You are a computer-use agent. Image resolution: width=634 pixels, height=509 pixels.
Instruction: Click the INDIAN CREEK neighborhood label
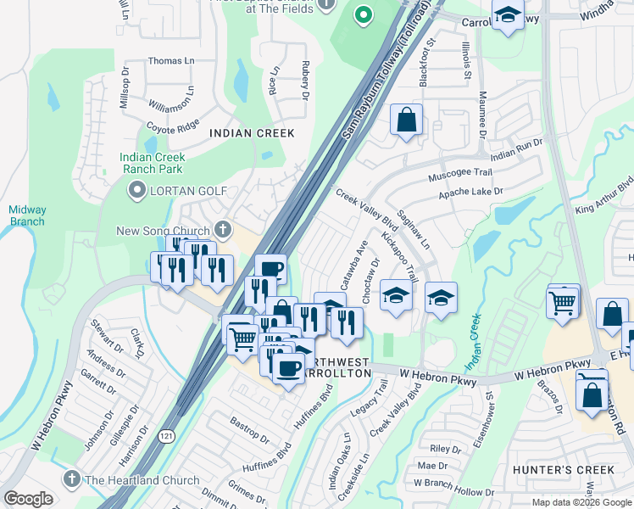pos(252,133)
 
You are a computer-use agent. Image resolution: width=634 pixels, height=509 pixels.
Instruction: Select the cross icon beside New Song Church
pos(223,228)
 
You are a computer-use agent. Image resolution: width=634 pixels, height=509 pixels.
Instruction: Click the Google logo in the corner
pos(28,499)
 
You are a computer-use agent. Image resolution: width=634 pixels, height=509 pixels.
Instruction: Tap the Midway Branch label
pos(27,215)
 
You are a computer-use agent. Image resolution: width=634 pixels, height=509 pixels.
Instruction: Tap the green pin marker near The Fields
pos(364,14)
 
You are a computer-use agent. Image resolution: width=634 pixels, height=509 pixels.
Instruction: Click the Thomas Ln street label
pos(170,61)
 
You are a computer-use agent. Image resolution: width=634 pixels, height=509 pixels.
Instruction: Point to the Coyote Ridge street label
pos(173,127)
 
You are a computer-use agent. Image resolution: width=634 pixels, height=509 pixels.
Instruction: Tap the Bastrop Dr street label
pos(250,430)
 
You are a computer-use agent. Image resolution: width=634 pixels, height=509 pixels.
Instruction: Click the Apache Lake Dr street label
pos(470,193)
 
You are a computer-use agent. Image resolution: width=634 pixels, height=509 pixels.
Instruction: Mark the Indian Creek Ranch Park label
pos(153,163)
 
